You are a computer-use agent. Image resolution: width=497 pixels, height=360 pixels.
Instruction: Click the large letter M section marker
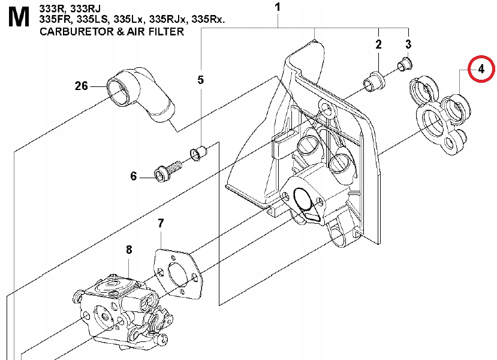tap(19, 17)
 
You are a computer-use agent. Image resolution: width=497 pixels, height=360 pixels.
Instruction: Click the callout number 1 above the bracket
tap(278, 7)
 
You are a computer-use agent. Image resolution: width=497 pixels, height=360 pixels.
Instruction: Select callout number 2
tap(378, 44)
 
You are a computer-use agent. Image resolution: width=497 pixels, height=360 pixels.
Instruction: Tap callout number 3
tap(408, 44)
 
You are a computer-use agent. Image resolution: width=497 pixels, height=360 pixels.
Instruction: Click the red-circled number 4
tap(481, 69)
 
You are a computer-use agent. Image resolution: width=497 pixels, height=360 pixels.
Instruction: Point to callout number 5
tap(200, 80)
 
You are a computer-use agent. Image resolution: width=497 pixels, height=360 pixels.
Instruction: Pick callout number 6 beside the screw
tap(134, 176)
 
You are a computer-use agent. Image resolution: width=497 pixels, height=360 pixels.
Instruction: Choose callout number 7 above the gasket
tap(161, 223)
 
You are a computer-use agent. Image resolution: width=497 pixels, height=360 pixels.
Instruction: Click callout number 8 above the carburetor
tap(129, 250)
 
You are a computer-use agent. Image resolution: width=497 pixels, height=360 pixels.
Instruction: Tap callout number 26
tap(81, 86)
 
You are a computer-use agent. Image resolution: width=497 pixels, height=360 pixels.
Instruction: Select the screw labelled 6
tap(168, 170)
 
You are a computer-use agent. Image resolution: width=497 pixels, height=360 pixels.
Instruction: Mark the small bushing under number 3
tap(405, 65)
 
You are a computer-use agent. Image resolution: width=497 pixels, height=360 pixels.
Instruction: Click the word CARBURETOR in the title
tap(77, 32)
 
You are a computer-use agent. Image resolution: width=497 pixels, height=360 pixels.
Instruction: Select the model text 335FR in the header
tap(57, 19)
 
